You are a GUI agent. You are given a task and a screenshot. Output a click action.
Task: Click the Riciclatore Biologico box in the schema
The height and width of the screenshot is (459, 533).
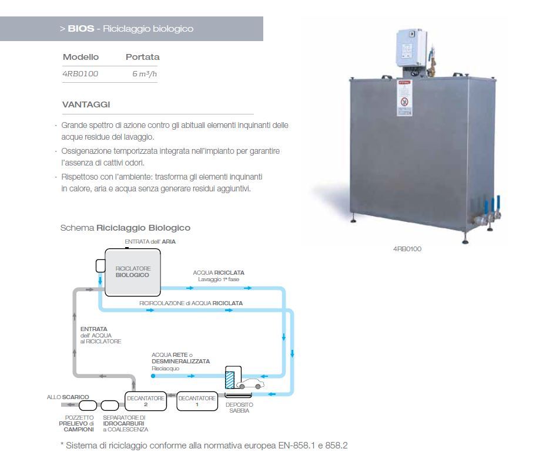point(133,272)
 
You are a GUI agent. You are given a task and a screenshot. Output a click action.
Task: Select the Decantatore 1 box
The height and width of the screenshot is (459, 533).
point(197,401)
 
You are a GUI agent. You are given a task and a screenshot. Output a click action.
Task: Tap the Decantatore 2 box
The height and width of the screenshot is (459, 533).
point(146,401)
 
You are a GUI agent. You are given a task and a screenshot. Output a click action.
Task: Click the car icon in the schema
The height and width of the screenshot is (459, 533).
point(250,384)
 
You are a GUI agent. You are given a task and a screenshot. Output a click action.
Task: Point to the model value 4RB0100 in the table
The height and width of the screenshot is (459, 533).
point(81,74)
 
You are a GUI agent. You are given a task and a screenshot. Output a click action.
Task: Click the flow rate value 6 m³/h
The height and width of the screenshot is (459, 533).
point(145,74)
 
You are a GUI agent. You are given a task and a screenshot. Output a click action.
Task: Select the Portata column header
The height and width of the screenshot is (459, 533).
point(142,57)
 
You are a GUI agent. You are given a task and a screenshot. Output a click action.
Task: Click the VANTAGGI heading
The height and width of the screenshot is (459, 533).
point(86,104)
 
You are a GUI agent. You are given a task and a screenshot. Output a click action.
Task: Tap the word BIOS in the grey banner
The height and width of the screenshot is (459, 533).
point(81,29)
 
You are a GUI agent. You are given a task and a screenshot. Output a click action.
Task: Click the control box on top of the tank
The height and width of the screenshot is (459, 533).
point(411,48)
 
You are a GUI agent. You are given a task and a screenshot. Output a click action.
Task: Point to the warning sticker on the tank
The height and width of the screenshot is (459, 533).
point(404,98)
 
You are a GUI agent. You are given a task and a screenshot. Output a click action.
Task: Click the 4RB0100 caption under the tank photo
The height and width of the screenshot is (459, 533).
point(407,249)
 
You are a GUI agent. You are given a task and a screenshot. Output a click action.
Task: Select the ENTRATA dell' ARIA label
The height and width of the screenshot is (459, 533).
point(150,242)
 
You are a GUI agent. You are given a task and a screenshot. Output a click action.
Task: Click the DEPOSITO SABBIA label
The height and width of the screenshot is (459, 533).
point(239,408)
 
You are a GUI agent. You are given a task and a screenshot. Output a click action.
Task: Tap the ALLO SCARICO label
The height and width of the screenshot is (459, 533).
point(68,397)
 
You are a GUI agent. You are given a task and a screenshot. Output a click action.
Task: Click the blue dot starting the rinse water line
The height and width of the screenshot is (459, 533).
point(153,376)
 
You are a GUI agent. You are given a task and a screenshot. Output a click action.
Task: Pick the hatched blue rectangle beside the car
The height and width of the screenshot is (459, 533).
point(230,380)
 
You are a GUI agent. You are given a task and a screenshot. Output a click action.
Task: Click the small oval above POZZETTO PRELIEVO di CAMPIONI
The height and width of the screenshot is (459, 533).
point(88,406)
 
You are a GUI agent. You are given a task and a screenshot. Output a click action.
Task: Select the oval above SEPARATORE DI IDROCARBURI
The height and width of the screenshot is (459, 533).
point(110,406)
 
